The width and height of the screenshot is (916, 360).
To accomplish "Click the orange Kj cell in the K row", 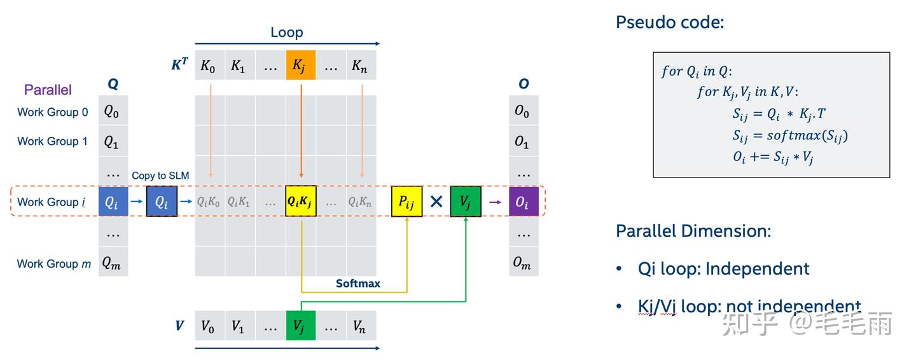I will click(x=301, y=65).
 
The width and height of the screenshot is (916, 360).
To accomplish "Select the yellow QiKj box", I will click(x=301, y=202).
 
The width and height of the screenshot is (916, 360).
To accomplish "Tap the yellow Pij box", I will click(x=406, y=202).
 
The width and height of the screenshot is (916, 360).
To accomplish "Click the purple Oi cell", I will click(x=524, y=202).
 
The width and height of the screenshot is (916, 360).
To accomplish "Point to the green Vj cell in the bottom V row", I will click(x=301, y=326).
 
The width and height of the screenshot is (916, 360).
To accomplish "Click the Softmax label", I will click(x=358, y=284).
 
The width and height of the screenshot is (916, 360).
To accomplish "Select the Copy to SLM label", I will click(x=160, y=176).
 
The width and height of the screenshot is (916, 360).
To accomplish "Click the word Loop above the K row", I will click(x=286, y=32).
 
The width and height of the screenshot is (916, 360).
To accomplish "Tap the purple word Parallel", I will click(x=48, y=90).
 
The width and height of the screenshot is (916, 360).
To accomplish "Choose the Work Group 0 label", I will click(x=53, y=112).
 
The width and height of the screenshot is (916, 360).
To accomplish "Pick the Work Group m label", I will click(x=54, y=263).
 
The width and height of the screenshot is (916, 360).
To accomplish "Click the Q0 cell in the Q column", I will click(x=113, y=112).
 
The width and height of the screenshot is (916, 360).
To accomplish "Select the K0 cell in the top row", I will click(x=209, y=65).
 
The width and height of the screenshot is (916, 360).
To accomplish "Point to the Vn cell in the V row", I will click(x=361, y=326).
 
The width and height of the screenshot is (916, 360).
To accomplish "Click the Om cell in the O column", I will click(x=524, y=263).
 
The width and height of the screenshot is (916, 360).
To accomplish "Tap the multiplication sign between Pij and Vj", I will click(x=436, y=202).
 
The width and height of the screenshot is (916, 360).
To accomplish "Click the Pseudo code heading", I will click(x=670, y=23).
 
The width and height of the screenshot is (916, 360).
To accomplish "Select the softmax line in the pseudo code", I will click(x=790, y=135).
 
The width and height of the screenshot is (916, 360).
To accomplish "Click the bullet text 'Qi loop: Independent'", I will click(x=723, y=268).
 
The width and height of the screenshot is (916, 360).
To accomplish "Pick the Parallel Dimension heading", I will click(x=693, y=230).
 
